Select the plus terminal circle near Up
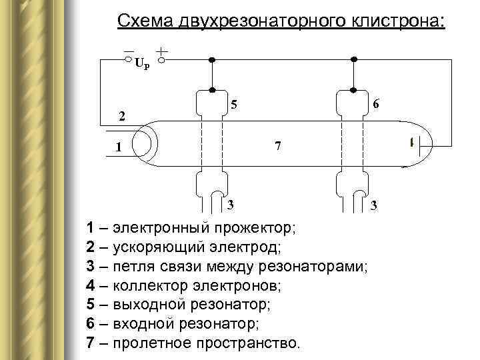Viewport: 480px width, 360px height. point(161,59)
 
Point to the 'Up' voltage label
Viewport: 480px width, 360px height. point(142,64)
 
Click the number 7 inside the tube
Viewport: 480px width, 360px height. point(278,146)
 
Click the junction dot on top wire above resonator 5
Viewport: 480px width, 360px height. point(212,59)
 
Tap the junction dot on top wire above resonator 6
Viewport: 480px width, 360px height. point(354,59)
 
